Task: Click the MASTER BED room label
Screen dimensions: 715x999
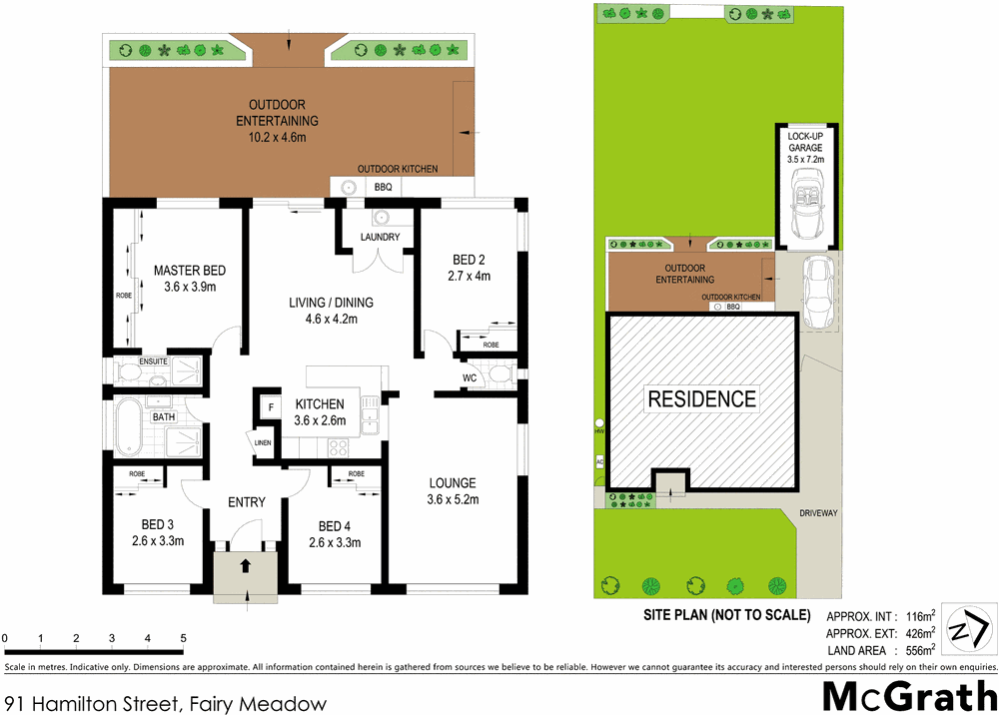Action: (189, 271)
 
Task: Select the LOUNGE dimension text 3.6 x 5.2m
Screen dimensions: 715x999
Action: (453, 500)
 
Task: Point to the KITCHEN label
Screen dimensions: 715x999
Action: (320, 403)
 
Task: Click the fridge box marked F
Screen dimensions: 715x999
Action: (269, 406)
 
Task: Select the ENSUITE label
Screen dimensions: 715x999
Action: (128, 360)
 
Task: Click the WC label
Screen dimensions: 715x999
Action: (470, 378)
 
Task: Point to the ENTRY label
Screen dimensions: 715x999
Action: (246, 502)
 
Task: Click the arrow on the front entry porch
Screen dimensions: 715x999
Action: (247, 568)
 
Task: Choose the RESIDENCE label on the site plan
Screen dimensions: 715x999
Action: (702, 399)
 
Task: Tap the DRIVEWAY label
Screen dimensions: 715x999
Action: (818, 513)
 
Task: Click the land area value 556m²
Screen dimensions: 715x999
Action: (915, 650)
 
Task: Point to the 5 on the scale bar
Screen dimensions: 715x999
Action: (183, 637)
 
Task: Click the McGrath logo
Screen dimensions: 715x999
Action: (906, 695)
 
